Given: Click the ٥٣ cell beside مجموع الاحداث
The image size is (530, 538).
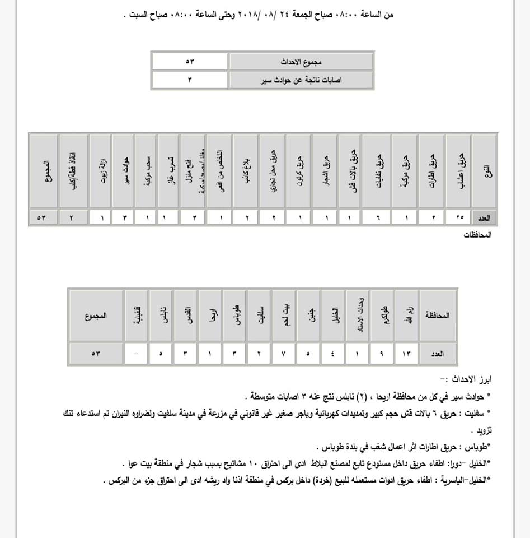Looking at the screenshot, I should pos(190,61).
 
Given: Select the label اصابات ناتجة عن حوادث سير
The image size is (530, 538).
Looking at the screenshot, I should pos(301,80).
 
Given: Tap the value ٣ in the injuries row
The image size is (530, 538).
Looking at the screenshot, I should pos(190,80).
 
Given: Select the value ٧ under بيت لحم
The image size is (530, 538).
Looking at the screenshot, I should pos(284,354).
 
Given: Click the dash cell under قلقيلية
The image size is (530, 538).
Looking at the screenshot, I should pos(136,354).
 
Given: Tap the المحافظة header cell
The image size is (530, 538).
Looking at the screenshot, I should pos(438,316).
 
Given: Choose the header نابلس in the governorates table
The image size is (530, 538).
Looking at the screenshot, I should pos(161,316).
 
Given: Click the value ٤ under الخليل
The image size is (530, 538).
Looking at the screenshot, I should pos(334,354).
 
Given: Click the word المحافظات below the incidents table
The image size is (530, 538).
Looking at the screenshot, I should pos(477,235).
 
